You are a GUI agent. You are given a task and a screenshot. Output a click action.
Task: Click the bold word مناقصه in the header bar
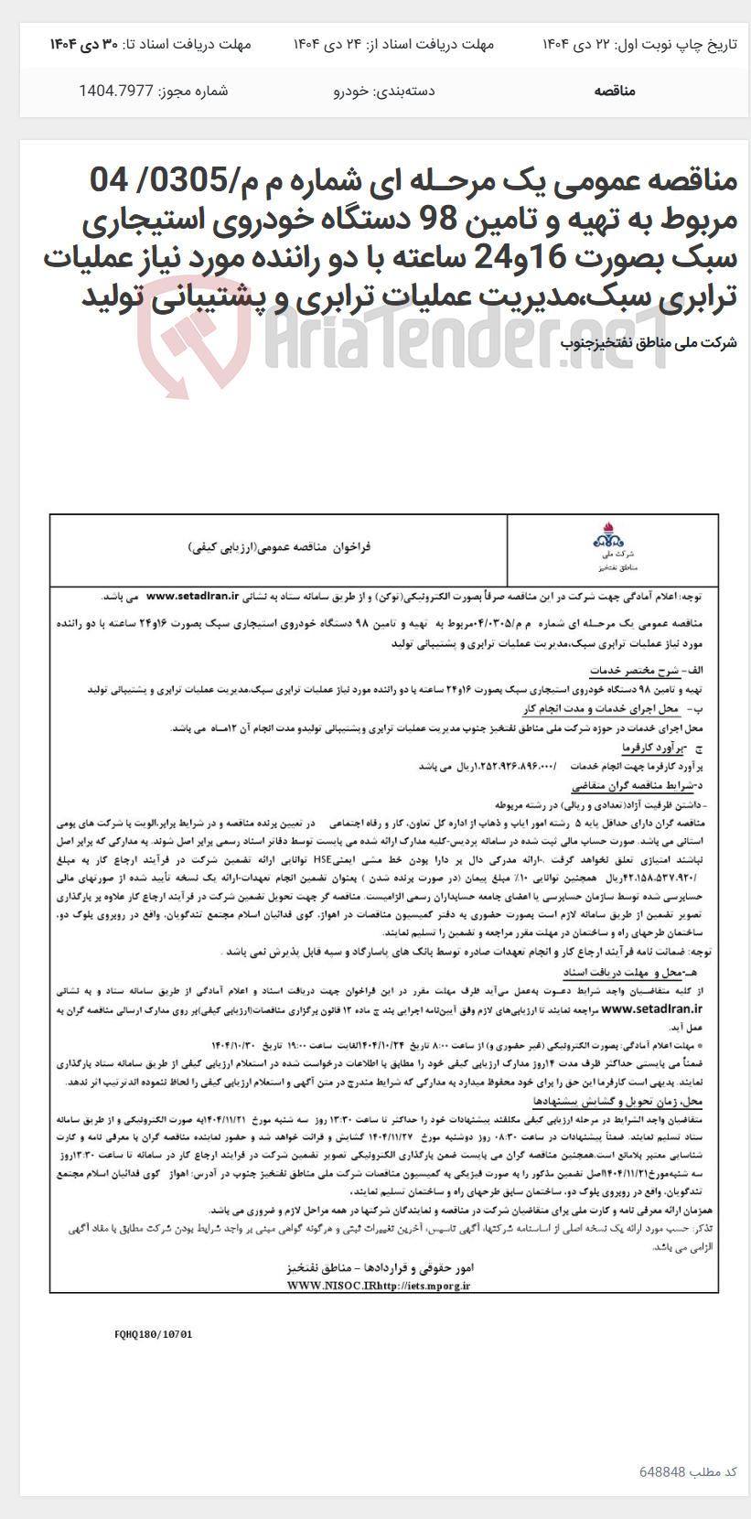(x=615, y=91)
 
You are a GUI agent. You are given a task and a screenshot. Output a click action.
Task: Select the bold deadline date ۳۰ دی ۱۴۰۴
(x=84, y=44)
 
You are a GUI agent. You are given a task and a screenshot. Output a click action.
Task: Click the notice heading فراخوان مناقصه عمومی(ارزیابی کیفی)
(x=279, y=547)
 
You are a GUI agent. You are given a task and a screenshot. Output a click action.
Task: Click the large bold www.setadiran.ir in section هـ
(x=652, y=1008)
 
